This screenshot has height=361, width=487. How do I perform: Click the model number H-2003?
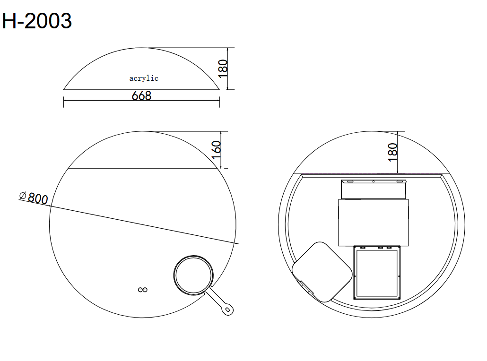(37, 21)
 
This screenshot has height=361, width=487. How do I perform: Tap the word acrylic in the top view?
(144, 78)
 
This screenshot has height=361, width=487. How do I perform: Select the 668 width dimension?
(141, 96)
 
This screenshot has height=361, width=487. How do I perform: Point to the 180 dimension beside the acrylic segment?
(224, 69)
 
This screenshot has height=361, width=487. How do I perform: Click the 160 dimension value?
(217, 150)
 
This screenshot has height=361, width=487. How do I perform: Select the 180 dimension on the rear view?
(392, 152)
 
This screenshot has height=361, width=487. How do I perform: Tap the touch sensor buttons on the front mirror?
(142, 289)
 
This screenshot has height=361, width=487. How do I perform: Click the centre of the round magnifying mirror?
(194, 275)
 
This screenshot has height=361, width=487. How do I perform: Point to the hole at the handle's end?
(228, 310)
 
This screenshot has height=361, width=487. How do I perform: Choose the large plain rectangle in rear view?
(374, 222)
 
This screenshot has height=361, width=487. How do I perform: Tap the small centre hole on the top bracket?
(373, 181)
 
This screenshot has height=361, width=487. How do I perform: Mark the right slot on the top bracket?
(400, 181)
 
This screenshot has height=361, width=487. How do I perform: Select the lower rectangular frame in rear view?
(377, 273)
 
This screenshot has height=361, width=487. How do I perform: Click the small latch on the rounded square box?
(303, 286)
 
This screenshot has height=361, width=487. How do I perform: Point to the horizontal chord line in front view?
(142, 168)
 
